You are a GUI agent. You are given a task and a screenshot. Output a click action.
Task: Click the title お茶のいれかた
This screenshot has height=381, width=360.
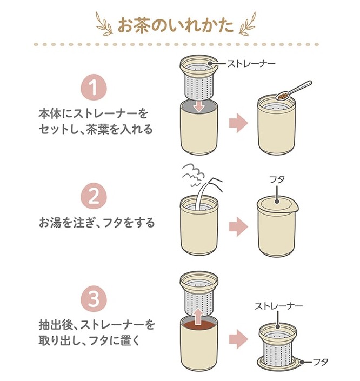pos(176,25)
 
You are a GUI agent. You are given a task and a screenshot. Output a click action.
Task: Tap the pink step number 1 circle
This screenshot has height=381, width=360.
pos(94,87)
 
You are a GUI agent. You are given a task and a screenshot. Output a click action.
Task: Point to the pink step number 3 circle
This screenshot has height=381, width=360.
pos(94,299)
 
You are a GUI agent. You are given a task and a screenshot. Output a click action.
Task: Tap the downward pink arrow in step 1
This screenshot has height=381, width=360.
pos(199,106)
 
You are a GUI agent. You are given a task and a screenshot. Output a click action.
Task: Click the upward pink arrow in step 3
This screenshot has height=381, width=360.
pos(199,316)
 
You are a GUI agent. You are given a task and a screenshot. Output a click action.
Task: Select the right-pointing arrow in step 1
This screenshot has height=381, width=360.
pos(238,123)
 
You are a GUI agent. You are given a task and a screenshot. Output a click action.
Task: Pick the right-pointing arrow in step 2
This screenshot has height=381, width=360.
pos(238,226)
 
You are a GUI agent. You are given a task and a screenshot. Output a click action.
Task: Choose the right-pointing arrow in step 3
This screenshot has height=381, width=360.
pos(238,339)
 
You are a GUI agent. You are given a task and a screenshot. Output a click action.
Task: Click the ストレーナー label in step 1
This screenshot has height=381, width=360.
pos(251,64)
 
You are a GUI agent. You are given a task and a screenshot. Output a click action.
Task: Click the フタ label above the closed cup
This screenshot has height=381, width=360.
pos(277,179)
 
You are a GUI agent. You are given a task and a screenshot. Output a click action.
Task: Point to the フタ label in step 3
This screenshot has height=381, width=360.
pos(321,362)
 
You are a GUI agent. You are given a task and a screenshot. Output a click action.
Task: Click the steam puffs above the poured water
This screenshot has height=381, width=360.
pos(194,175)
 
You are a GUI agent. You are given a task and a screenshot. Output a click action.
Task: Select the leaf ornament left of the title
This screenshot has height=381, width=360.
pos(105,24)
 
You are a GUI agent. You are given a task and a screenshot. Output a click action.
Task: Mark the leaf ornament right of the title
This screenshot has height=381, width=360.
pos(248,23)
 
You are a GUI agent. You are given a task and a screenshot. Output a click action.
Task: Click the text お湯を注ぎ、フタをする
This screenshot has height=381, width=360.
pos(97,223)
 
